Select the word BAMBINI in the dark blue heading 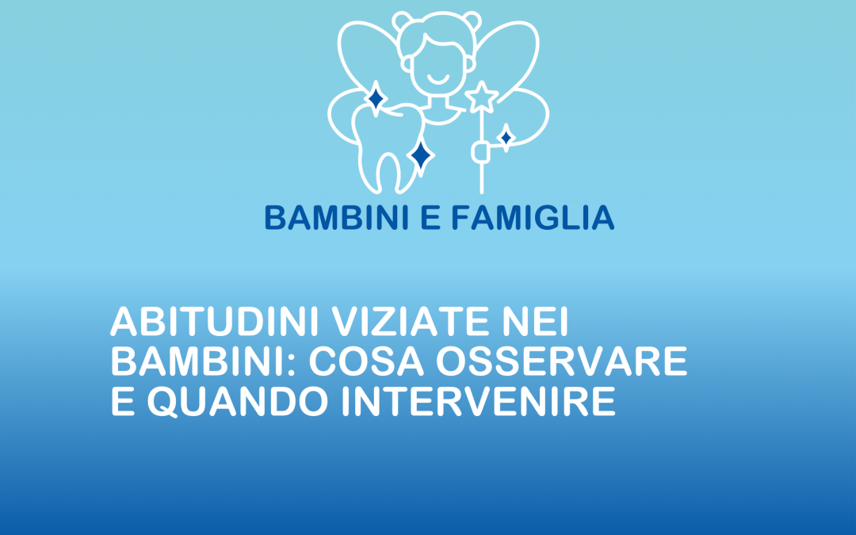click(x=338, y=217)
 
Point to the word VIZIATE click(x=410, y=322)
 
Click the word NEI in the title click(x=535, y=322)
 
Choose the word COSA click(x=366, y=361)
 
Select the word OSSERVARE click(x=562, y=361)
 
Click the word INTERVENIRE click(x=479, y=401)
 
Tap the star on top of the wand click(x=482, y=97)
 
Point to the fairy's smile click(x=438, y=80)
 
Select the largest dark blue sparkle click(x=421, y=156)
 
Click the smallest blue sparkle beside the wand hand click(x=506, y=138)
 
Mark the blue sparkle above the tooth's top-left click(x=376, y=99)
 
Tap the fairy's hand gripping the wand click(x=480, y=152)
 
